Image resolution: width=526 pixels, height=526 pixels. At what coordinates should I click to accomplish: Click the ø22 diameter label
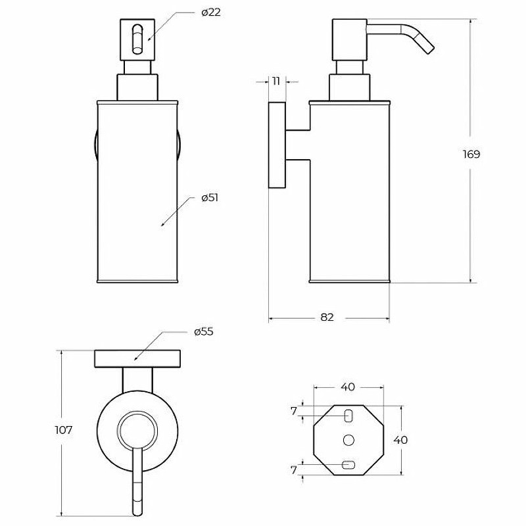point(211,13)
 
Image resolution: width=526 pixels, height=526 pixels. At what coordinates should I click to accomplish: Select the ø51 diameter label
point(210,198)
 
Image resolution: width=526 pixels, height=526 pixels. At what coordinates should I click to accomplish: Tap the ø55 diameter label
point(204,332)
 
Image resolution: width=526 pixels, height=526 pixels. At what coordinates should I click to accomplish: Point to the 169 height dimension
point(471,155)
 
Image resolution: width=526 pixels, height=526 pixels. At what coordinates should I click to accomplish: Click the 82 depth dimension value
point(327,317)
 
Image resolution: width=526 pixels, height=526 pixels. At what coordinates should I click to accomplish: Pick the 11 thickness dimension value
point(276,81)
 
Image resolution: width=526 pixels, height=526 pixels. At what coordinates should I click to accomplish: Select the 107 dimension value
point(63,430)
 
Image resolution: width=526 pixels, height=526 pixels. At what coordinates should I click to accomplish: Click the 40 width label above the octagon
point(348,387)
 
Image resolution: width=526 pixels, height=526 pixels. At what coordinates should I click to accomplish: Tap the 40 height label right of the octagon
point(400,440)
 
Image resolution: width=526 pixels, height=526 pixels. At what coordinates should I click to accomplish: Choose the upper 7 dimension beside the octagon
point(294,411)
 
